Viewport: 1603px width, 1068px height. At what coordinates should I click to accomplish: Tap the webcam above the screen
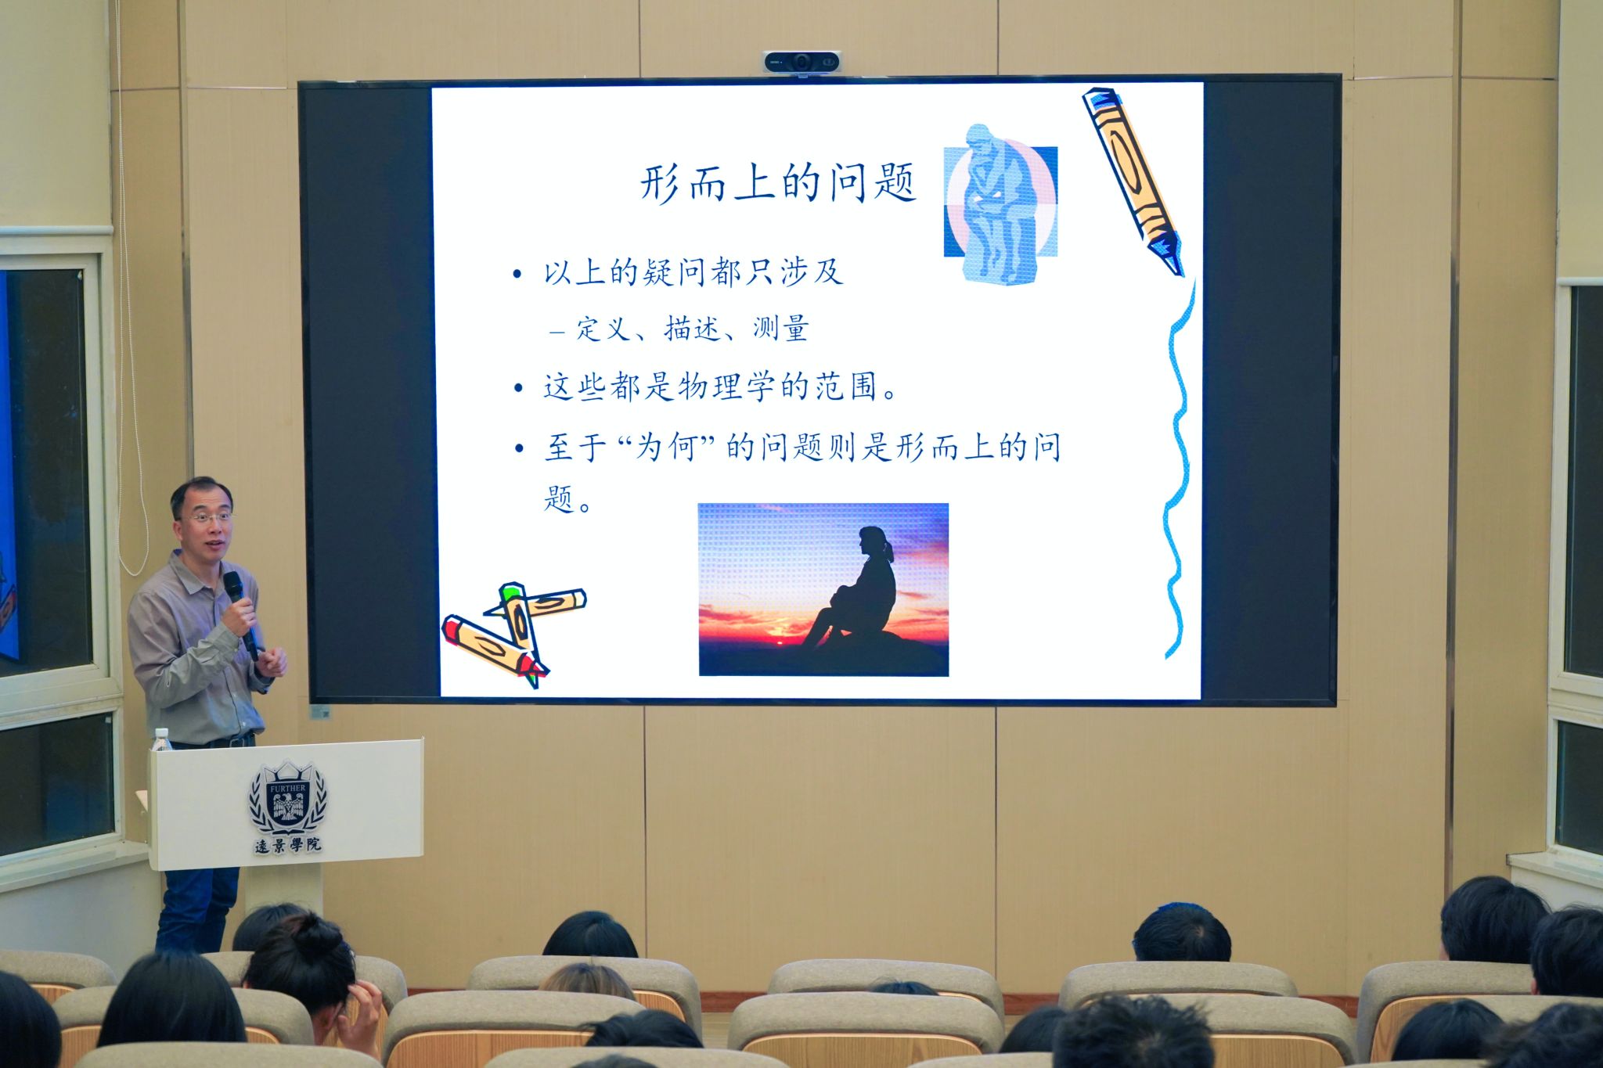point(801,61)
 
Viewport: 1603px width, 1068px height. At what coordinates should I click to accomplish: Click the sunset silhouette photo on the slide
point(823,589)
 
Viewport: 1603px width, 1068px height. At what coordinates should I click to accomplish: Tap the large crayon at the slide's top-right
point(1133,181)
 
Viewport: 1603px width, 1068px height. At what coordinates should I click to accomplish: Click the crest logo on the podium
point(288,799)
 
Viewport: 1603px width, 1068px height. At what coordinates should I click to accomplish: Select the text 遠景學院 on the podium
point(288,845)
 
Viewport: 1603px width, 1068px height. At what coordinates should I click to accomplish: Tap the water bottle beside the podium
point(162,740)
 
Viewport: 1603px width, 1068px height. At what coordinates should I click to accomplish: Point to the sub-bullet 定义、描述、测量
point(693,329)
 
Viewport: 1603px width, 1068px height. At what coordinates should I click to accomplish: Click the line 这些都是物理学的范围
point(720,387)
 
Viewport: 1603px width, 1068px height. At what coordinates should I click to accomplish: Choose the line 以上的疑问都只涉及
point(693,272)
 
